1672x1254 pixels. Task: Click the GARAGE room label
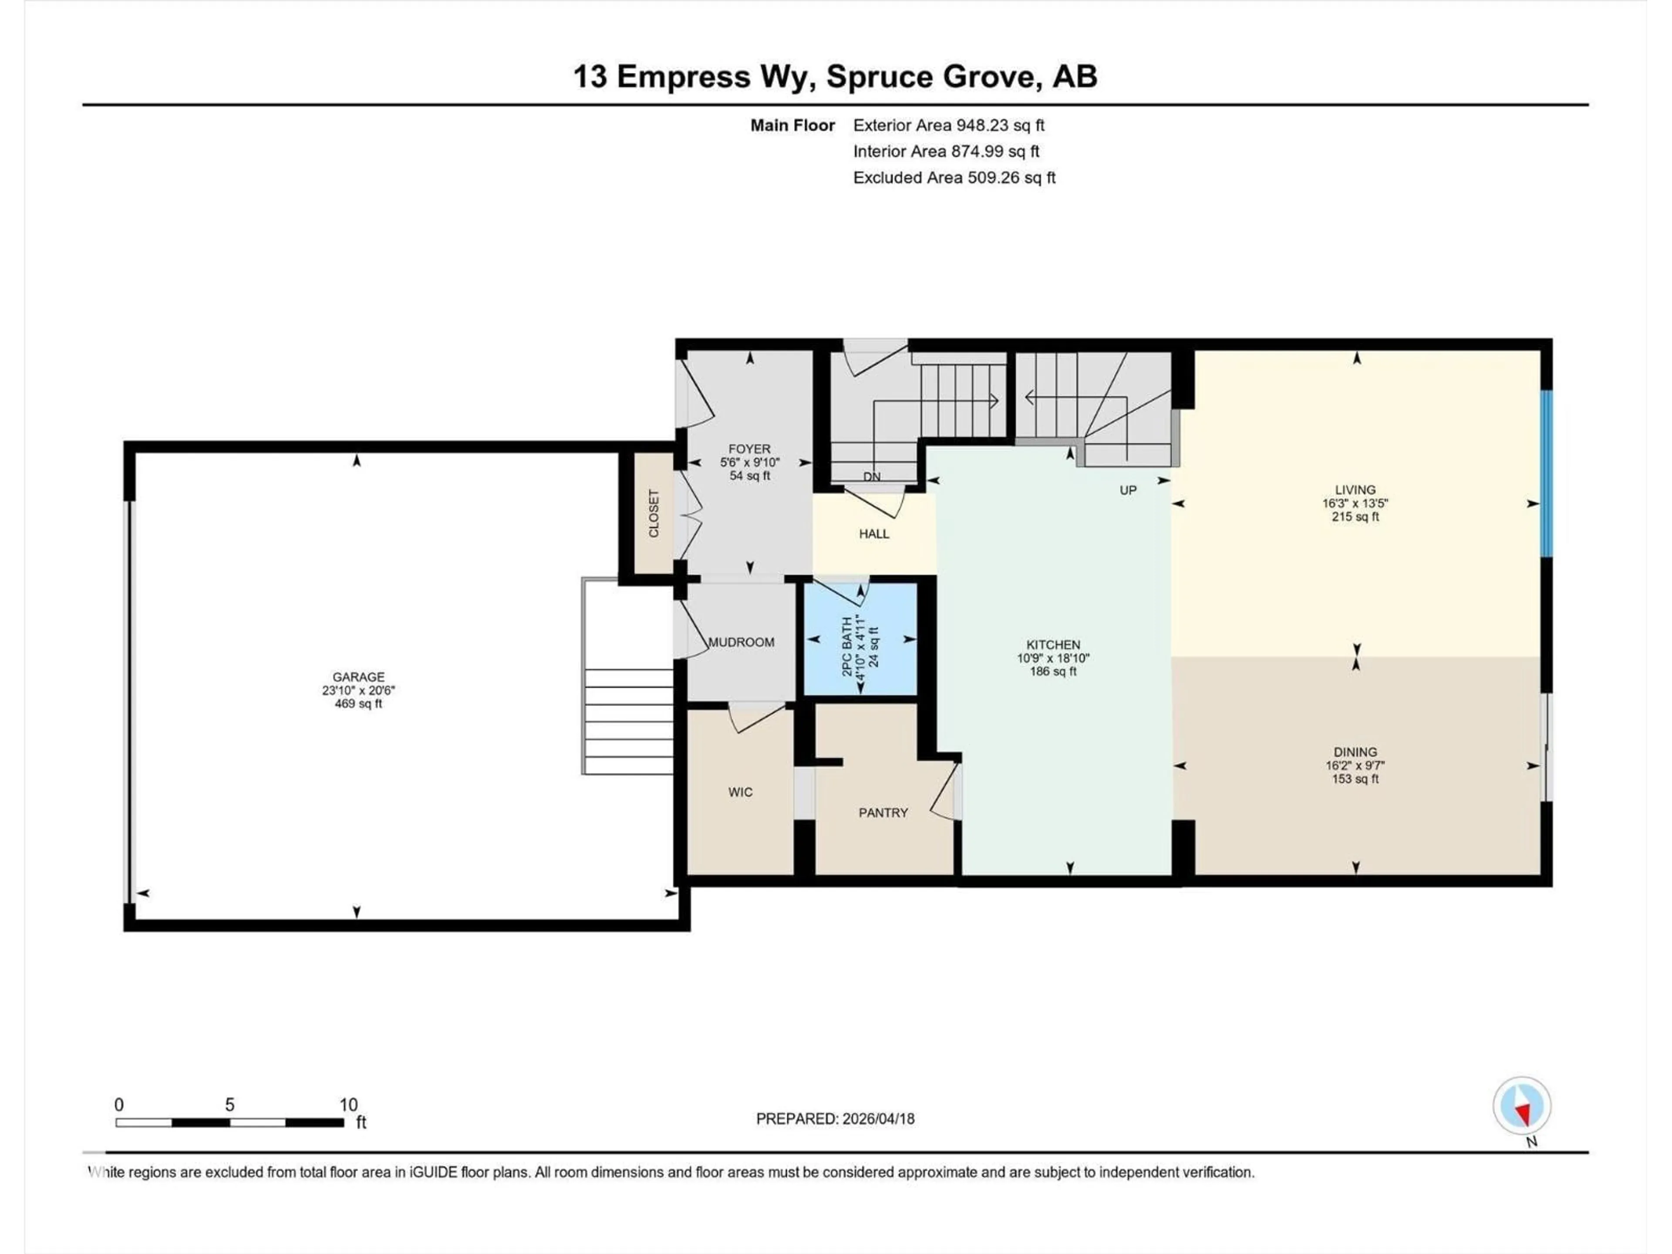(x=358, y=677)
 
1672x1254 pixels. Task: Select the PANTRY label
(x=883, y=812)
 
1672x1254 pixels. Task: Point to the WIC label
(x=740, y=792)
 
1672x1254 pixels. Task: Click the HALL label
(x=874, y=534)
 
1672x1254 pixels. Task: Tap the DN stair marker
(x=872, y=477)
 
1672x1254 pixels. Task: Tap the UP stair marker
(x=1128, y=491)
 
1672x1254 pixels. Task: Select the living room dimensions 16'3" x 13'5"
(x=1355, y=503)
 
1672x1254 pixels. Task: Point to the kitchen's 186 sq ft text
(x=1053, y=672)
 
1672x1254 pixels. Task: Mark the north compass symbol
(x=1522, y=1106)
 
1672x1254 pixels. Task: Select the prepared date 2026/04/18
(x=835, y=1119)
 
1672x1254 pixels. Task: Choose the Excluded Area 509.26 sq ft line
(x=954, y=178)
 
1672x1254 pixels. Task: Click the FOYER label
(x=749, y=449)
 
